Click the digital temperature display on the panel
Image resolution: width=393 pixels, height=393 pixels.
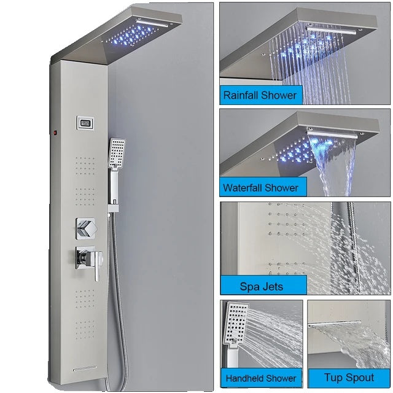pos(85,123)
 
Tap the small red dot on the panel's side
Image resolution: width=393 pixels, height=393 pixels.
pos(55,132)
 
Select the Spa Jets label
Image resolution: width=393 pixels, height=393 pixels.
pos(262,286)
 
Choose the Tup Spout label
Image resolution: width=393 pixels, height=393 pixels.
pos(349,378)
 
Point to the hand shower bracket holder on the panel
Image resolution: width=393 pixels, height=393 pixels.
pos(113,208)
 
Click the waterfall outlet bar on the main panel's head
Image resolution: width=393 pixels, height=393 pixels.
pos(152,23)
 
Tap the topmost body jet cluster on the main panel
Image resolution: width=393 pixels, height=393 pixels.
pos(85,166)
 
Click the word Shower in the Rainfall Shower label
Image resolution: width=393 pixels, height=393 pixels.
pos(278,95)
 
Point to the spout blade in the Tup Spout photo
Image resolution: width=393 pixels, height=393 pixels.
pos(334,324)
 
